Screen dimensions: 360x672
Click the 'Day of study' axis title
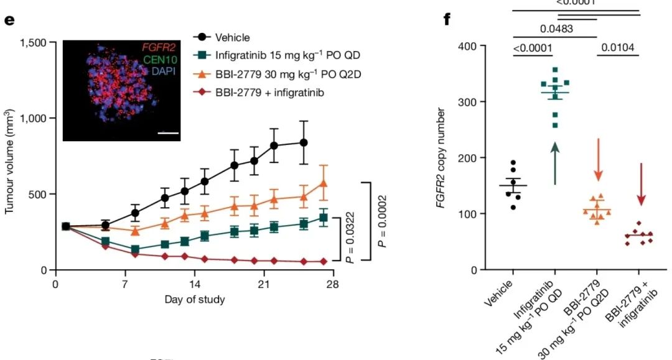click(x=195, y=300)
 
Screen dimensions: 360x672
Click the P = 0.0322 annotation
click(x=349, y=238)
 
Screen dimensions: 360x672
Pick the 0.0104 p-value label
click(x=618, y=47)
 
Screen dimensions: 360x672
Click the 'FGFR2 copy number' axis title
click(x=441, y=157)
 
